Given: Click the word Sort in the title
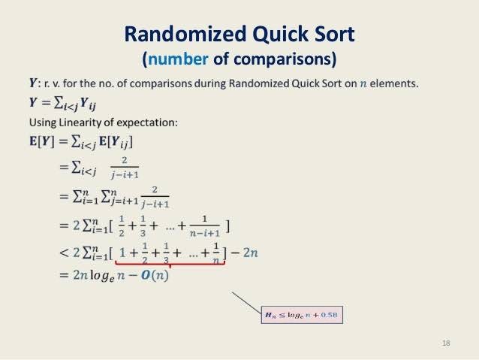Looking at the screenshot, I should point(330,35).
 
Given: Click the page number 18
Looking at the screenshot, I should point(447,343).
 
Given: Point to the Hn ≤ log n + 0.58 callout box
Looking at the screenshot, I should point(301,315).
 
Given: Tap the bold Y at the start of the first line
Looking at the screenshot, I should point(32,83).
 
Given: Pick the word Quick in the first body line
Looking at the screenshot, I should point(286,83).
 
